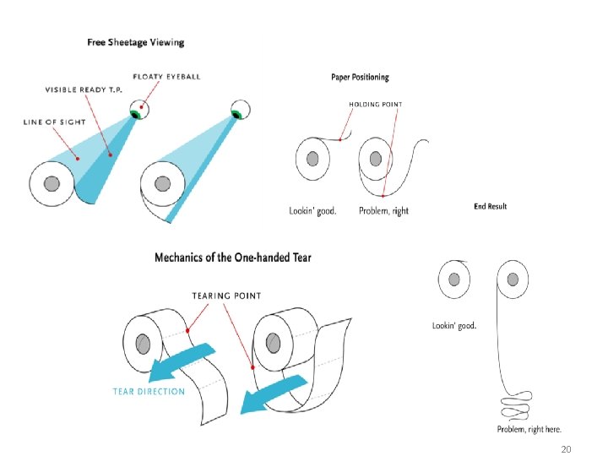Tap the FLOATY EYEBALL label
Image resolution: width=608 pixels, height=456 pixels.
tap(167, 76)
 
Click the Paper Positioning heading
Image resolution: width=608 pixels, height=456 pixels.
tap(360, 77)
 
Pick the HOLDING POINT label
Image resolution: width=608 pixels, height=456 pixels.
tap(376, 105)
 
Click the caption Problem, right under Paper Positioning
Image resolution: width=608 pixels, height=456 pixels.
tap(383, 210)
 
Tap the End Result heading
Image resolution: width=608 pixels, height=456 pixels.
tap(491, 206)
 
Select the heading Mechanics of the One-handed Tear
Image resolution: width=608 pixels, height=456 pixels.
tap(233, 257)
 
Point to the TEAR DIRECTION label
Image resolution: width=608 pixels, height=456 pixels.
tap(149, 391)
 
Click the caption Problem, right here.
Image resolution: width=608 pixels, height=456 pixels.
tap(529, 429)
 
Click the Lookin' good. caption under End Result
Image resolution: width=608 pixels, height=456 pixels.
tap(454, 325)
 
